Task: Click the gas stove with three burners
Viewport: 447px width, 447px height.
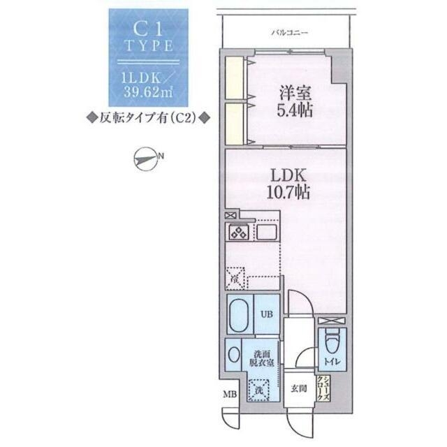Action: coord(237,233)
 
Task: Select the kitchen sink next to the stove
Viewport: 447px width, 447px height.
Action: coord(267,233)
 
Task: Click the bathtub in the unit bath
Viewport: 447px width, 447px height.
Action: coord(240,315)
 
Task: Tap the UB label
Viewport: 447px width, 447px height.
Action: coord(266,314)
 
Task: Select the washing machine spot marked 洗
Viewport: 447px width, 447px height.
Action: coord(258,388)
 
